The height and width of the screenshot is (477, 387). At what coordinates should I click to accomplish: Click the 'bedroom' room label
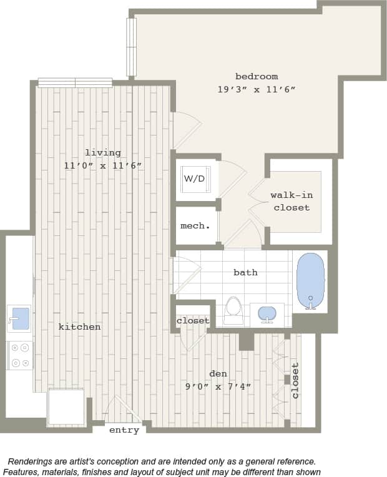pyautogui.click(x=257, y=77)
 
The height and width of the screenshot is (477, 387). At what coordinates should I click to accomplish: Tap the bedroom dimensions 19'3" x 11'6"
pyautogui.click(x=257, y=89)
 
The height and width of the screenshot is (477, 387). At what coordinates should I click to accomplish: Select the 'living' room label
pyautogui.click(x=103, y=153)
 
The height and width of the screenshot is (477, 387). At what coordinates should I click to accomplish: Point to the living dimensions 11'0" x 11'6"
pyautogui.click(x=103, y=165)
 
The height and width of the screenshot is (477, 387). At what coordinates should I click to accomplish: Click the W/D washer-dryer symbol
pyautogui.click(x=194, y=179)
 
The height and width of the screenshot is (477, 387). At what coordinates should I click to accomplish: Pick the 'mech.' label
pyautogui.click(x=195, y=225)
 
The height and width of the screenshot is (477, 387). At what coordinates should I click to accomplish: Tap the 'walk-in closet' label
pyautogui.click(x=291, y=201)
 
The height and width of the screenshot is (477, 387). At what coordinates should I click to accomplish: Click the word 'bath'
pyautogui.click(x=245, y=272)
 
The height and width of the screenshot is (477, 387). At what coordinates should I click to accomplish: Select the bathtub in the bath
pyautogui.click(x=310, y=280)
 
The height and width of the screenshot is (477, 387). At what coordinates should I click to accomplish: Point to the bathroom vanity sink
pyautogui.click(x=267, y=313)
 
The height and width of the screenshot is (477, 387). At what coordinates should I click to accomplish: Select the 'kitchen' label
pyautogui.click(x=80, y=327)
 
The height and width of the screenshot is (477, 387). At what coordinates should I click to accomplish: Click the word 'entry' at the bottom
pyautogui.click(x=124, y=430)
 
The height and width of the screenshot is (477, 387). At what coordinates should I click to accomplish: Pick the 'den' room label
pyautogui.click(x=218, y=373)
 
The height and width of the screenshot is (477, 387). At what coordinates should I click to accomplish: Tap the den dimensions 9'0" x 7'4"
pyautogui.click(x=218, y=386)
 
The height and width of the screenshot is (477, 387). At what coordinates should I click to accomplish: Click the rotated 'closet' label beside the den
pyautogui.click(x=296, y=380)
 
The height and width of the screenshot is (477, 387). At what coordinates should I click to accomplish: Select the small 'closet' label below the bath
pyautogui.click(x=193, y=320)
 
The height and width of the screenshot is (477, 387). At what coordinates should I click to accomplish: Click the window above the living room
pyautogui.click(x=75, y=82)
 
